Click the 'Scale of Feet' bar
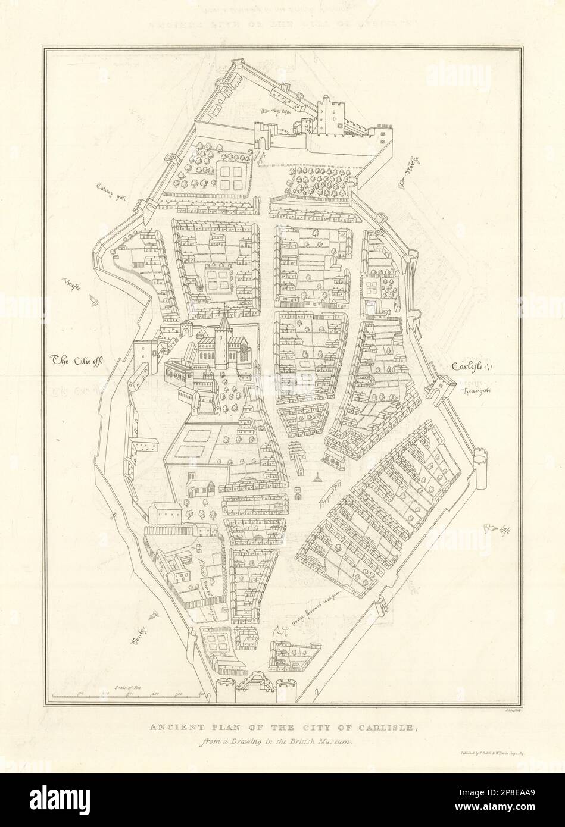click(128, 694)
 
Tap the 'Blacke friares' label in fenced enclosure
click(207, 562)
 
